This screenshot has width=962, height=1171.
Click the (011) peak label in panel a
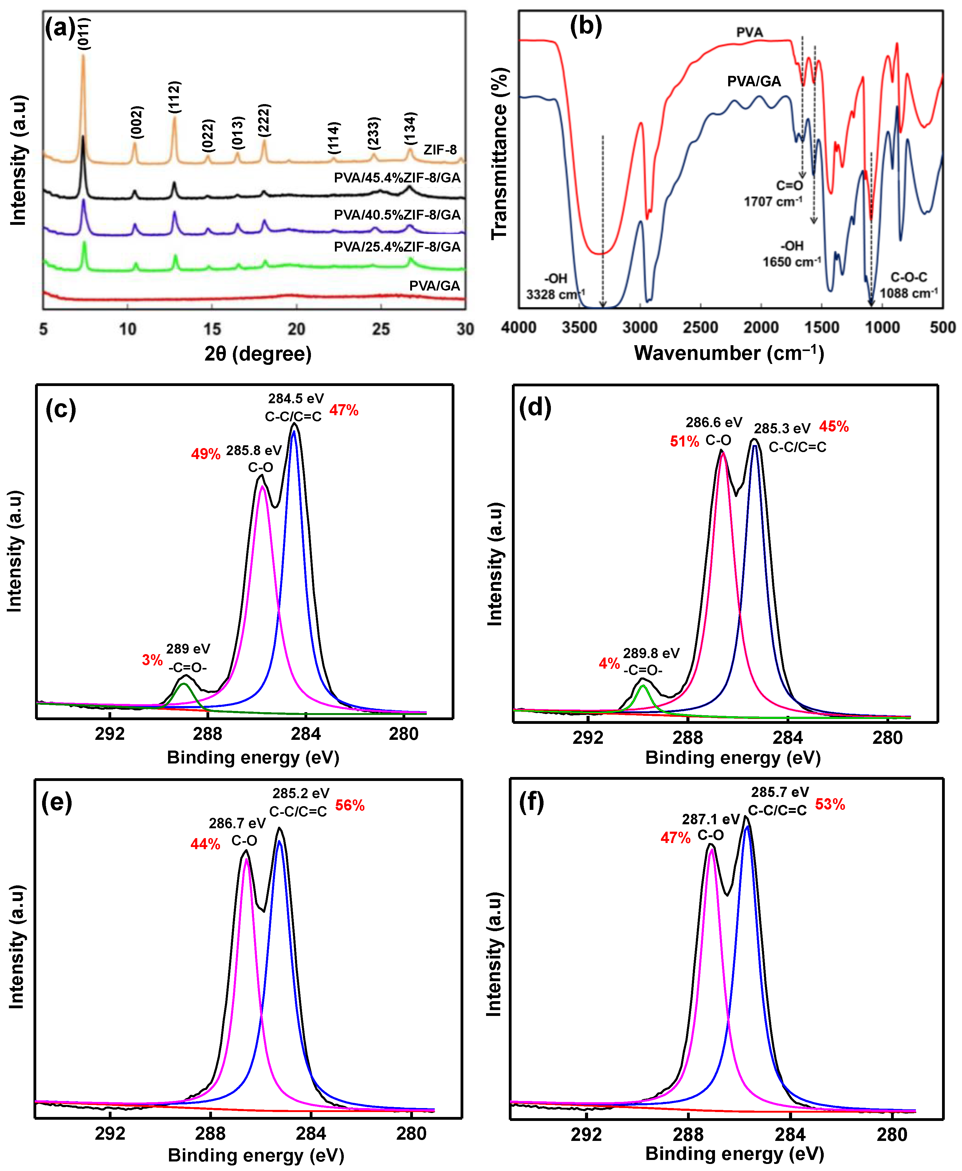click(84, 33)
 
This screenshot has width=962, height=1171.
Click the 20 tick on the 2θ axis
click(296, 329)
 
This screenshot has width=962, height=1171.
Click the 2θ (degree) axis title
click(258, 353)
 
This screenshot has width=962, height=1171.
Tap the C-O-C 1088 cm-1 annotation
click(909, 285)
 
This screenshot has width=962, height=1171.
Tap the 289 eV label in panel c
click(188, 649)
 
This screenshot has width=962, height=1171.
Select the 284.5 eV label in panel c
click(295, 399)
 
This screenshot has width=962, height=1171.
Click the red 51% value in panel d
click(684, 442)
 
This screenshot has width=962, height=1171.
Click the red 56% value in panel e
click(350, 806)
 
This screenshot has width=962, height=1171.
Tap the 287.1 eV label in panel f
click(711, 819)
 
